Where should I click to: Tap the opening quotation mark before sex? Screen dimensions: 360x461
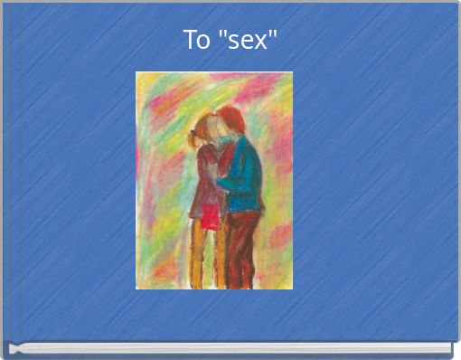pos(221,35)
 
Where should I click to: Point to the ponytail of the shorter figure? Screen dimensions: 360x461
pos(193,137)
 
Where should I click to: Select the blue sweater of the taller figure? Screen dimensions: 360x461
pos(243,176)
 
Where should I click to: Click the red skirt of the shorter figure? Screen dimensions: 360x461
pos(211,217)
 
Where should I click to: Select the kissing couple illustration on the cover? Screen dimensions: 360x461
pos(214,180)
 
